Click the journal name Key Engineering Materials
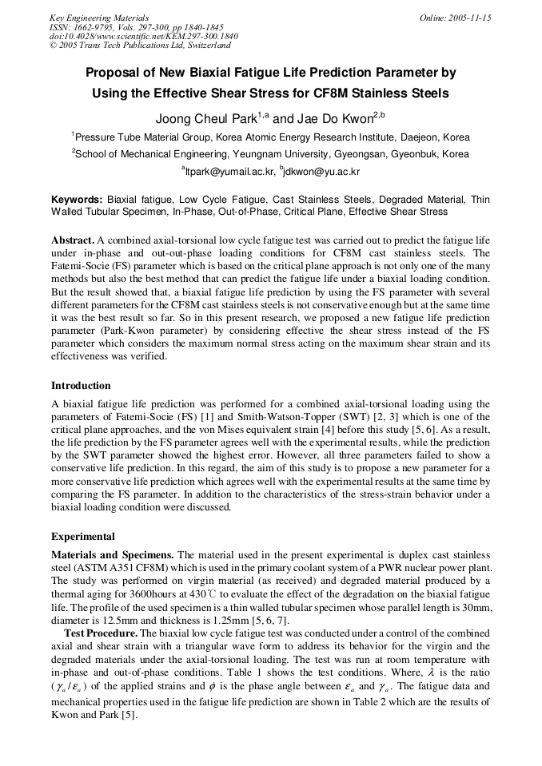tap(99, 18)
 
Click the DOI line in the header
tap(144, 37)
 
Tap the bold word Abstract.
tap(72, 240)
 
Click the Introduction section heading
tap(81, 386)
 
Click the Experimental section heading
tap(83, 537)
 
